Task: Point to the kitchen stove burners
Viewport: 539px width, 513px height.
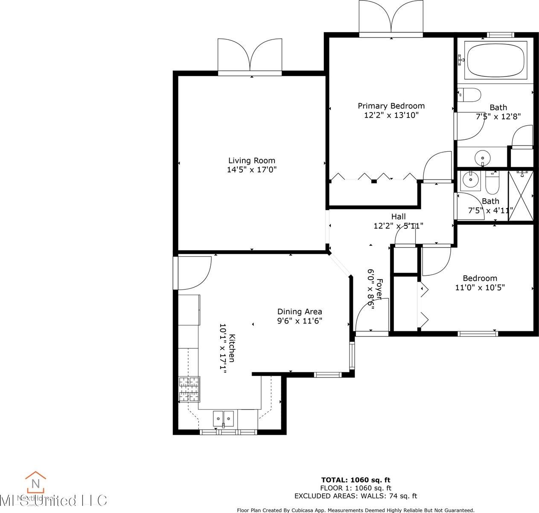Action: [x=189, y=389]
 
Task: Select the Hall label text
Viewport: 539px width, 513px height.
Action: [x=398, y=217]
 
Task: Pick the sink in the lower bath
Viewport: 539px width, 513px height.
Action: [x=470, y=179]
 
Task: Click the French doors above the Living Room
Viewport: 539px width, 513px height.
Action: [x=250, y=56]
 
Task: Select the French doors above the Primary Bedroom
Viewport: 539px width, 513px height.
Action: [x=391, y=18]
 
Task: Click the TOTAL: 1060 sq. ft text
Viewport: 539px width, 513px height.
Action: [x=355, y=480]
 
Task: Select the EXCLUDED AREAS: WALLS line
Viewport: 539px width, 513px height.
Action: [x=355, y=496]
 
